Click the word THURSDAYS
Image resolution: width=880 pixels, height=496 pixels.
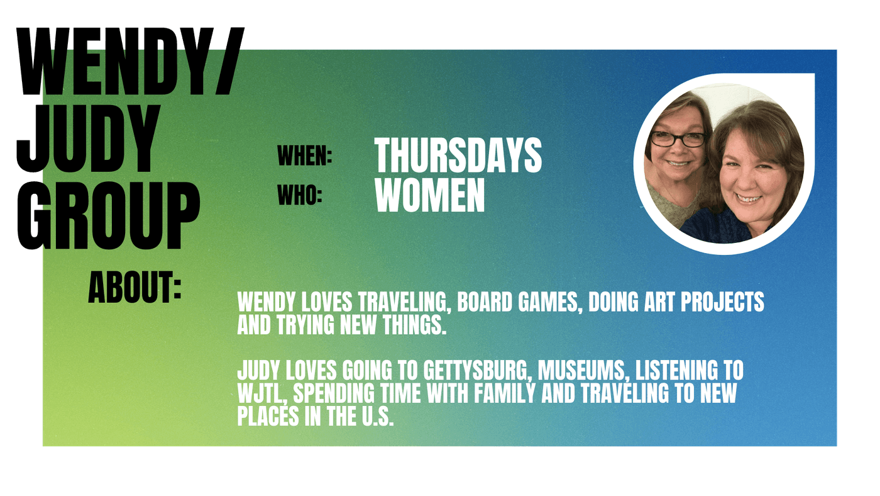[x=458, y=155]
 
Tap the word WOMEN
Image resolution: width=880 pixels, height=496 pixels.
[x=429, y=195]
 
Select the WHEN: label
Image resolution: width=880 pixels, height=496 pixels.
[x=304, y=155]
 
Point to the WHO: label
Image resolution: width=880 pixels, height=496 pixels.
[x=300, y=196]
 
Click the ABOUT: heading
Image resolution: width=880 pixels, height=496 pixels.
[x=135, y=287]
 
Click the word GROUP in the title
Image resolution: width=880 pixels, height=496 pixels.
[x=108, y=215]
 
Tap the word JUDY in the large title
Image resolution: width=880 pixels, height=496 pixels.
[x=89, y=139]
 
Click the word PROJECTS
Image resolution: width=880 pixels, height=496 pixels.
[x=722, y=302]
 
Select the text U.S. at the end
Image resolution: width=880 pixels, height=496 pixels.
[x=378, y=417]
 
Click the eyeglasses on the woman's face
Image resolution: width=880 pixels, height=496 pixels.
[x=678, y=139]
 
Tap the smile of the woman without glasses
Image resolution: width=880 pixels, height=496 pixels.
[x=749, y=199]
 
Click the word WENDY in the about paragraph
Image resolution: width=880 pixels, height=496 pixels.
[x=267, y=302]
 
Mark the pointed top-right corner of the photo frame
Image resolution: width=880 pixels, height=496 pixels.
[x=813, y=74]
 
